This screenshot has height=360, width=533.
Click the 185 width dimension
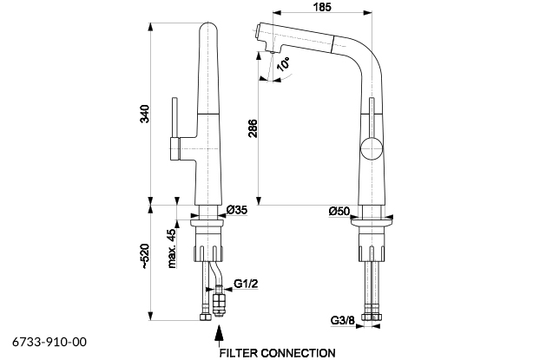(322, 7)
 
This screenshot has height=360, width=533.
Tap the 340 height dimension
(145, 115)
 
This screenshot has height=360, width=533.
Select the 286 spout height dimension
(253, 128)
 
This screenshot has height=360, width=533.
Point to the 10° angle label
(283, 64)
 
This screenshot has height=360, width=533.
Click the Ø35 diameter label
(237, 210)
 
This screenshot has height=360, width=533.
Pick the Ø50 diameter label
(339, 212)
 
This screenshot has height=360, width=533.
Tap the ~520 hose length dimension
(145, 257)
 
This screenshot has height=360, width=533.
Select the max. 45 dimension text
(173, 248)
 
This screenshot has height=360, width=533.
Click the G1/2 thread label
(246, 284)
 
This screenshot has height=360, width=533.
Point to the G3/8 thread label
(342, 320)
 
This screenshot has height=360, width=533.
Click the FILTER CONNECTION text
(277, 353)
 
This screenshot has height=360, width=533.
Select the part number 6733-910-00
(49, 342)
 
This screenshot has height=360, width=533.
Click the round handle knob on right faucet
(372, 148)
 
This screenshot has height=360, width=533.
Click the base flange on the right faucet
(372, 224)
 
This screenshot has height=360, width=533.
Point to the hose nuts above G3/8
(372, 316)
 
